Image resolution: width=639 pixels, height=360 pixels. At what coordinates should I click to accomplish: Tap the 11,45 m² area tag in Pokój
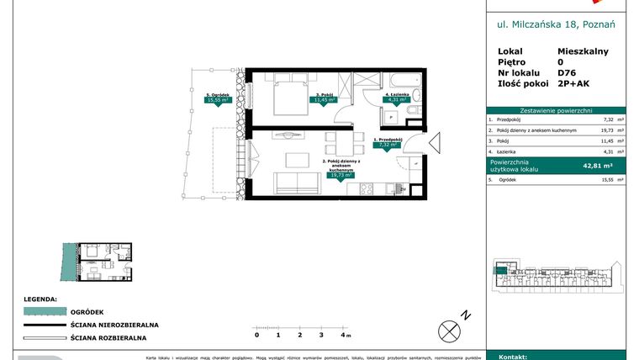(x=325, y=99)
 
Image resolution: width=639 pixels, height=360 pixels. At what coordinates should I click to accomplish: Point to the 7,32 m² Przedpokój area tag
(x=388, y=144)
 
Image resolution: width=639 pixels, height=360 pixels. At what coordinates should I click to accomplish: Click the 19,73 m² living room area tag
(x=340, y=176)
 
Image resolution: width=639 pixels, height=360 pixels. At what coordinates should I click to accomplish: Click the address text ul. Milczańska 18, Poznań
(x=556, y=24)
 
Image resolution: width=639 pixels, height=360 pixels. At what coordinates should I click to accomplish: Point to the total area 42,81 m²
(x=598, y=166)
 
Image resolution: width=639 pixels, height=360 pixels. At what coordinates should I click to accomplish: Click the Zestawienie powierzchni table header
(x=556, y=110)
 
